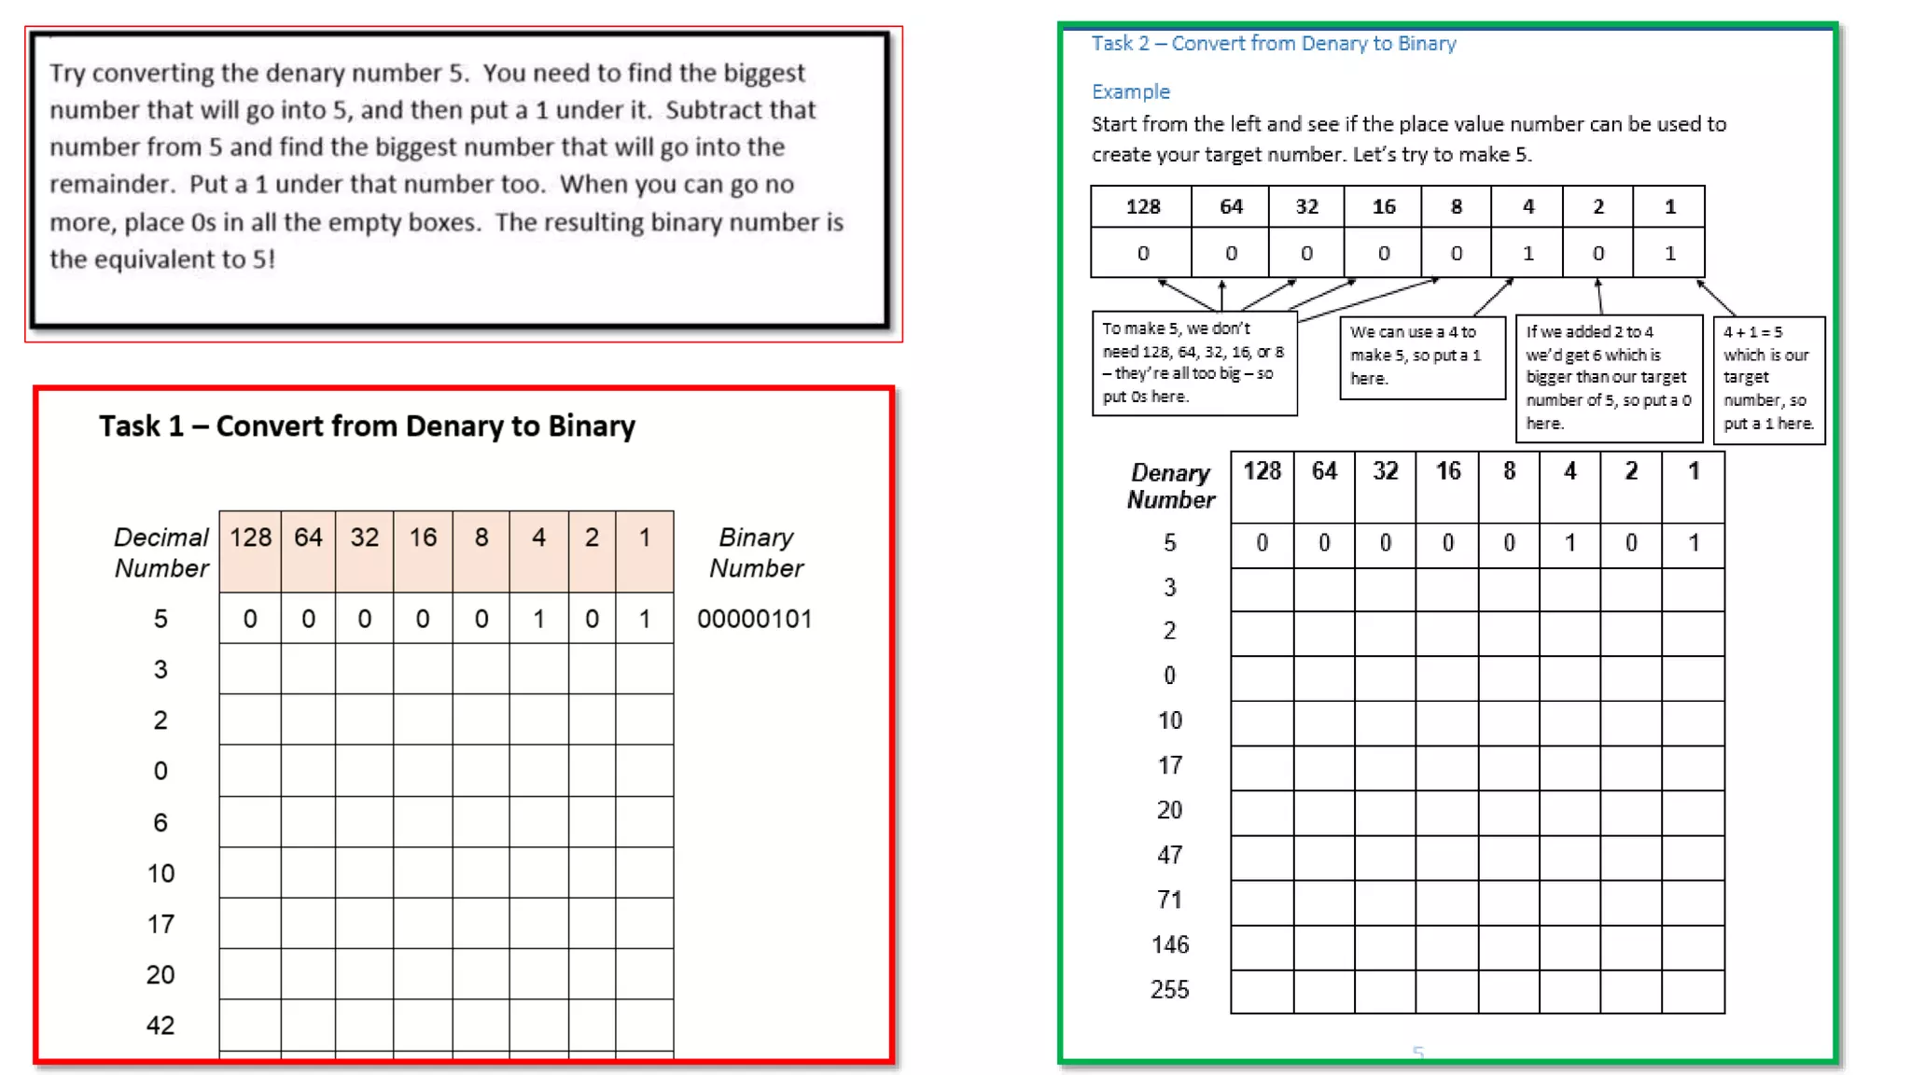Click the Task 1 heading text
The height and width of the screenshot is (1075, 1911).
(x=367, y=426)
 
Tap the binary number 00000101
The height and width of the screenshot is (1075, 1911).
(x=754, y=619)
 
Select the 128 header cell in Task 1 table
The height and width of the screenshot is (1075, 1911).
(x=250, y=537)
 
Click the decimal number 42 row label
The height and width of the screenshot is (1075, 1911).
(x=160, y=1026)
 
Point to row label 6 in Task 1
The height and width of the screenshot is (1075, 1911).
(x=160, y=822)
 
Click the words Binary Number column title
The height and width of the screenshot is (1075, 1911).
(x=756, y=552)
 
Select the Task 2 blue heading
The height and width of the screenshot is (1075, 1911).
(x=1274, y=44)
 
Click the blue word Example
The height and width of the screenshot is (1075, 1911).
(x=1130, y=91)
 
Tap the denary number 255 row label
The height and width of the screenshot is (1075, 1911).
(x=1169, y=989)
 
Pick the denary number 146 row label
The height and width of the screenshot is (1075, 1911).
(x=1170, y=944)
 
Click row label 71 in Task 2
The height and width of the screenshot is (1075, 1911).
(x=1169, y=900)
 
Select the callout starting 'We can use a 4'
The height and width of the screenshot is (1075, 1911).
(x=1422, y=356)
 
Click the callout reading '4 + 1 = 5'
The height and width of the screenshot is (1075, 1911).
(x=1768, y=378)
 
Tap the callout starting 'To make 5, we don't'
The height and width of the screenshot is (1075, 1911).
(x=1193, y=363)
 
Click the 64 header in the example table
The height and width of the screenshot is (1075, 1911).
(x=1231, y=207)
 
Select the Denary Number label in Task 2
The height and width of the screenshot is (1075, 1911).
(x=1171, y=486)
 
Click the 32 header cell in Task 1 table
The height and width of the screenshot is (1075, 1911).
(x=364, y=537)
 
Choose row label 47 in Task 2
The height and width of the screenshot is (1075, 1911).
(x=1169, y=855)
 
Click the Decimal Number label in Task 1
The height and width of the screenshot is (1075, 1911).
(x=161, y=552)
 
